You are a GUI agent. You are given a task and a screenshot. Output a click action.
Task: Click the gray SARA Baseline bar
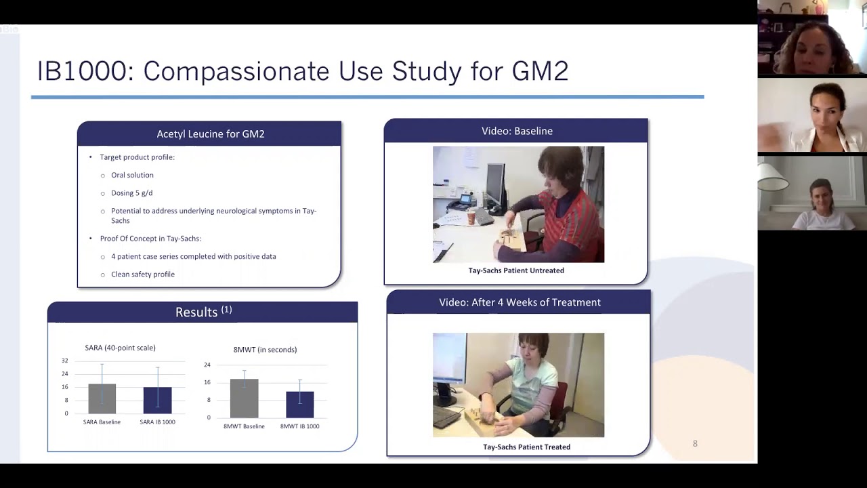point(102,399)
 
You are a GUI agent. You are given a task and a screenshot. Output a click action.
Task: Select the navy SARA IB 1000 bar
point(157,400)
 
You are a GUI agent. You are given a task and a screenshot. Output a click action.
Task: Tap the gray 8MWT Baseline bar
point(244,399)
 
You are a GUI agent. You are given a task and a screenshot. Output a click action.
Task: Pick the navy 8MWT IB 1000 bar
point(299,405)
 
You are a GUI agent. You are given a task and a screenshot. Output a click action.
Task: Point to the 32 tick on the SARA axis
point(65,361)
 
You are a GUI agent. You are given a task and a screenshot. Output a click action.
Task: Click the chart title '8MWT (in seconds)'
point(265,350)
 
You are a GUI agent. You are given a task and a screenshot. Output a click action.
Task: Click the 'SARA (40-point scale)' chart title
point(120,348)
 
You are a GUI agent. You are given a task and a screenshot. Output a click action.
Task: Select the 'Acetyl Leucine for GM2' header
point(210,134)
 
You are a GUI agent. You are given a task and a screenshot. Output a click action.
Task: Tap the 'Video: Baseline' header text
point(517,131)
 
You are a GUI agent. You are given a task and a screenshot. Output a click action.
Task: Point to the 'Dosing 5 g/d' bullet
point(131,193)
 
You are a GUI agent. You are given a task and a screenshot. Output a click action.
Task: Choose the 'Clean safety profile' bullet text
point(143,274)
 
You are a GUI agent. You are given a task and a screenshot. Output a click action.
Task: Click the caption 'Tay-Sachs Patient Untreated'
point(516,270)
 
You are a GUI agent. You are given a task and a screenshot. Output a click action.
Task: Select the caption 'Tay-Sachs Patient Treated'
point(526,447)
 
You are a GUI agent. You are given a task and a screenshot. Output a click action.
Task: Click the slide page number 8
point(695,443)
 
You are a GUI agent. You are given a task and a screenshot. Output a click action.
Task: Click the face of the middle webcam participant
point(826,109)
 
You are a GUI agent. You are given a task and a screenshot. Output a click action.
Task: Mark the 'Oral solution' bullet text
point(132,175)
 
